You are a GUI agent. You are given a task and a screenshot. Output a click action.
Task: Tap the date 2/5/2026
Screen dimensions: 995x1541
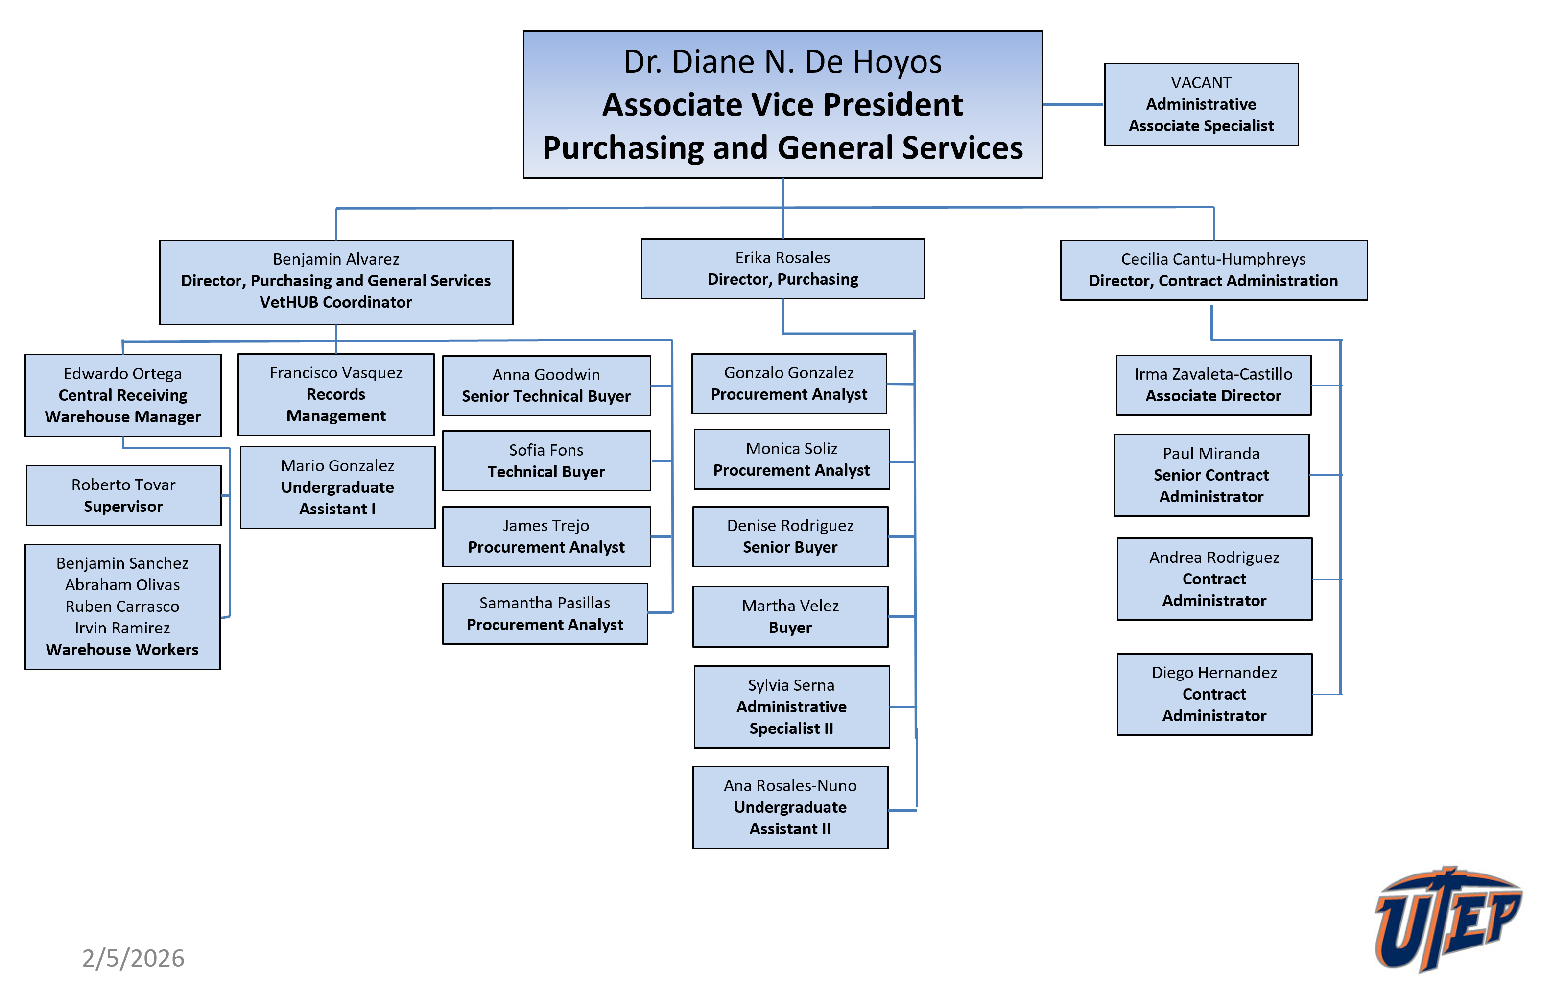(x=133, y=958)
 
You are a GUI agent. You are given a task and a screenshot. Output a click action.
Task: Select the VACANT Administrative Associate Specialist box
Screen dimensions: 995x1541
(x=1200, y=104)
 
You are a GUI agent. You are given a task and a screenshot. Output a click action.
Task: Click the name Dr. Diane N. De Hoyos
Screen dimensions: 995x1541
(x=782, y=62)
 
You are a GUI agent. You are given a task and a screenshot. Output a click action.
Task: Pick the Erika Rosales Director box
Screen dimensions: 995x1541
(x=782, y=268)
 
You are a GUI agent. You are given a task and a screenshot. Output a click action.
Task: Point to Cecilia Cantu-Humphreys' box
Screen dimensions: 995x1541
(x=1212, y=269)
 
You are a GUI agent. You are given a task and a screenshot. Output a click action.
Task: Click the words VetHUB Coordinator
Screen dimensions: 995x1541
(x=335, y=302)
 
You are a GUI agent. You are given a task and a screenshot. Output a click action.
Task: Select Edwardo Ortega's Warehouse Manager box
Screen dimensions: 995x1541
(x=123, y=395)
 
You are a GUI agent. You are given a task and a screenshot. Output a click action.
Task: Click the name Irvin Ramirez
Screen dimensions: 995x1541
(x=122, y=628)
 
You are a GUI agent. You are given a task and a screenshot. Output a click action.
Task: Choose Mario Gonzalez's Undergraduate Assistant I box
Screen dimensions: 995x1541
(x=337, y=486)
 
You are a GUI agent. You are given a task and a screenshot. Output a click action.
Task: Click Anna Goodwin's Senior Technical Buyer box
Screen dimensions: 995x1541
(x=546, y=385)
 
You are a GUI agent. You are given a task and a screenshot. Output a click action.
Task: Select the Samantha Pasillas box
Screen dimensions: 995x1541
(x=545, y=613)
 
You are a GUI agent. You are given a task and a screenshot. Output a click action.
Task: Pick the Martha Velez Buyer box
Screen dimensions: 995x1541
(x=789, y=616)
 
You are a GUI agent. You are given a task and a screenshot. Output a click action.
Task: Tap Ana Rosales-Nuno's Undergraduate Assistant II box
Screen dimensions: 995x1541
(x=789, y=806)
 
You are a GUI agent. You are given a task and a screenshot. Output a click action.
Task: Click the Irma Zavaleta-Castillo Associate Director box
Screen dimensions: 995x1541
(x=1212, y=385)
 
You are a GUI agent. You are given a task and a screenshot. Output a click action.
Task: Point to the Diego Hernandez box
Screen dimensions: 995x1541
(x=1213, y=693)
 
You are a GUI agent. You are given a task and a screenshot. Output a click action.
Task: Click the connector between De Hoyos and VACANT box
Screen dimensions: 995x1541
(x=1072, y=104)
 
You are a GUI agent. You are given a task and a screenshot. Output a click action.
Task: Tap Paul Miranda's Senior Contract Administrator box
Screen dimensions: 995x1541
(x=1210, y=474)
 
